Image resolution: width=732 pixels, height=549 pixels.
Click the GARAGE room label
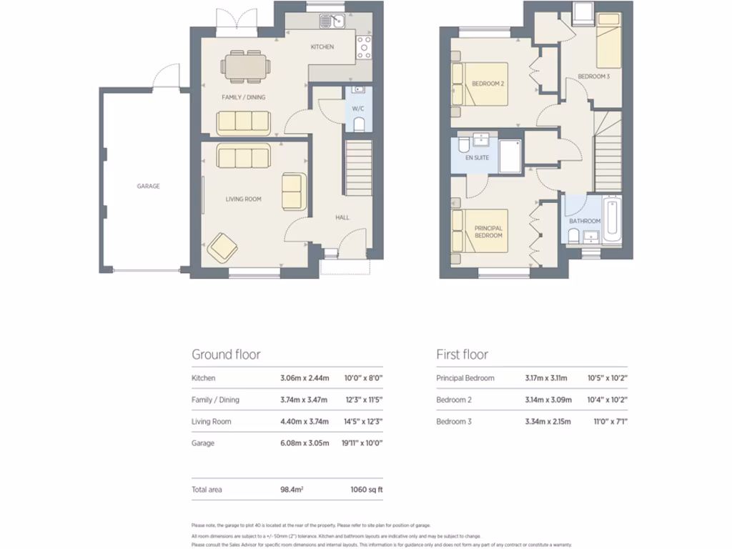[149, 186]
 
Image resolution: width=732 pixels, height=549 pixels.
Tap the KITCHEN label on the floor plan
[322, 47]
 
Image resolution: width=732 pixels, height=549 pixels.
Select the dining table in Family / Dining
[245, 65]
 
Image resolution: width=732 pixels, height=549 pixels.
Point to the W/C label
[357, 109]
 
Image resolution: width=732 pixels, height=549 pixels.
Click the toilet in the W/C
[358, 125]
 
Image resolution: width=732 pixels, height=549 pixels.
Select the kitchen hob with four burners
[363, 48]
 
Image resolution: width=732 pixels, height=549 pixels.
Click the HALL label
[342, 217]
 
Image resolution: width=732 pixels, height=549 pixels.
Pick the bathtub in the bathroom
[610, 222]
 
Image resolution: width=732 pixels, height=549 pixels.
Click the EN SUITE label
[478, 157]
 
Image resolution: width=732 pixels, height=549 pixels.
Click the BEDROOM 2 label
[488, 84]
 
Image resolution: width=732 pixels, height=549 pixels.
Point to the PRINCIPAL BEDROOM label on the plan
[489, 232]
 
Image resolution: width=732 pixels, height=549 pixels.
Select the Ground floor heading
[226, 355]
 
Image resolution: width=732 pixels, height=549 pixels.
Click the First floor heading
[462, 355]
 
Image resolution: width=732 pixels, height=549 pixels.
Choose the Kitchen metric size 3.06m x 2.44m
[305, 378]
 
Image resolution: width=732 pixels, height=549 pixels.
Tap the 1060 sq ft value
[366, 490]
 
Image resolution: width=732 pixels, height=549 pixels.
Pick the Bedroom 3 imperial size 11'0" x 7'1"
[610, 422]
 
